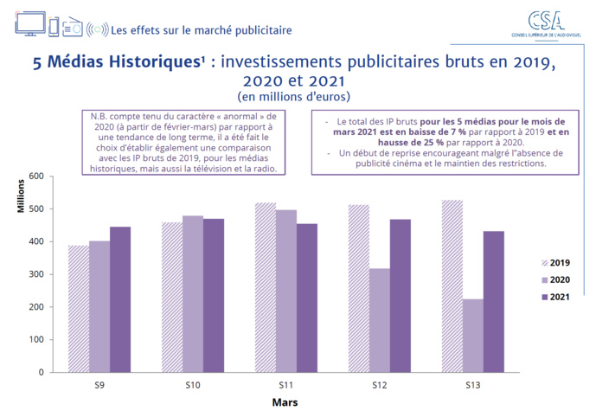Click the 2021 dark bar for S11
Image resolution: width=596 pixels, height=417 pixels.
(306, 298)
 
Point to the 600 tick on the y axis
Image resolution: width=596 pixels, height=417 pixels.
(35, 176)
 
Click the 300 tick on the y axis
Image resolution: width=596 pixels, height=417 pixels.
(35, 274)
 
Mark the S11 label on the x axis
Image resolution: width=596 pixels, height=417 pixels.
(285, 384)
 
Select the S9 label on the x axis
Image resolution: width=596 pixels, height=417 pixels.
(99, 384)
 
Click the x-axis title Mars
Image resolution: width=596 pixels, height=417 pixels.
(285, 402)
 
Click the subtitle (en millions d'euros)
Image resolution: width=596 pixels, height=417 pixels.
(297, 96)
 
